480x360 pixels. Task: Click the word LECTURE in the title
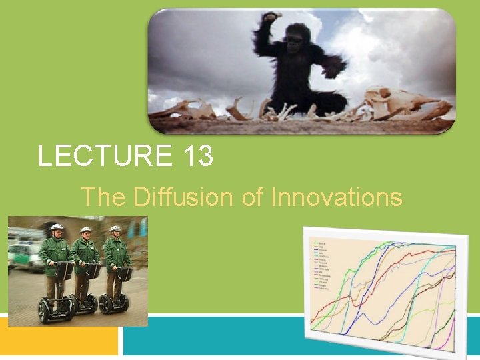(x=105, y=157)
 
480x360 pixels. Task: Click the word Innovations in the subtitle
(x=337, y=197)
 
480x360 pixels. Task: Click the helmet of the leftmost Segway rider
(x=57, y=227)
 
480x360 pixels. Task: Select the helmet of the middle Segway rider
(x=85, y=231)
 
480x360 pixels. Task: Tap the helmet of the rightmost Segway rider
(x=115, y=229)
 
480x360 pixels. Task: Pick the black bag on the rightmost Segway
(x=125, y=273)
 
